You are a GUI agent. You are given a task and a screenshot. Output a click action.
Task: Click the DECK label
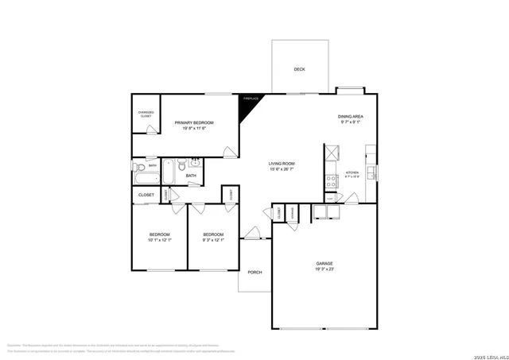coord(299,69)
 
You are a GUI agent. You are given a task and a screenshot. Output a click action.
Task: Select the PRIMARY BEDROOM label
coord(194,122)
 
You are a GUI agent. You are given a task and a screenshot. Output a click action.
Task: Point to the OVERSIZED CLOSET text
coord(146,114)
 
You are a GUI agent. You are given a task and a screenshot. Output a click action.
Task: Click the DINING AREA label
coord(351,117)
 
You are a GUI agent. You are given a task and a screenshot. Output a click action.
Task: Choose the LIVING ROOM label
coord(282,163)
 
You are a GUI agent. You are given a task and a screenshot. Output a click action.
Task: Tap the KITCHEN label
coord(352,172)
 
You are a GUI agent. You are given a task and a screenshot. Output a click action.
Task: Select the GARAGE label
coord(324,263)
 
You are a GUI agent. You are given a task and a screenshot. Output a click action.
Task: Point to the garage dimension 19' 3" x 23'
coord(324,269)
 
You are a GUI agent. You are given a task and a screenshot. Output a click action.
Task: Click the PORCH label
coord(254,273)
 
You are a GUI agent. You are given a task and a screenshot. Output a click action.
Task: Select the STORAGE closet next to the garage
coord(293,213)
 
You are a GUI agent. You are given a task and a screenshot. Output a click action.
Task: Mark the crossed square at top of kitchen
coord(332,151)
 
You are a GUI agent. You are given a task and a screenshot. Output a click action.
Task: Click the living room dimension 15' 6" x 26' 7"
coord(282,168)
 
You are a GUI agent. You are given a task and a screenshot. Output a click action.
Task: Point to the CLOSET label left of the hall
coord(146,195)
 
